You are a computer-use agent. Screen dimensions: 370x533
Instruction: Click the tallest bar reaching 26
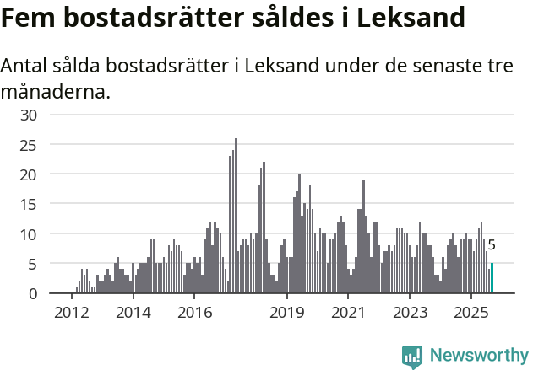tap(235, 216)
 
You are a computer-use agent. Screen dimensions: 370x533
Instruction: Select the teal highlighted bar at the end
tap(492, 278)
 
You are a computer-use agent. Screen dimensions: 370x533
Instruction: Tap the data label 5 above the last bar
tap(492, 245)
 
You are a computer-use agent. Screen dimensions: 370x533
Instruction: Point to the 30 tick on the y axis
tap(30, 115)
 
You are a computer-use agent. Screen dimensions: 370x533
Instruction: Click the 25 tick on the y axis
tap(30, 145)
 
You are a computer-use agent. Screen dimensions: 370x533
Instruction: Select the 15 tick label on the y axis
tap(30, 204)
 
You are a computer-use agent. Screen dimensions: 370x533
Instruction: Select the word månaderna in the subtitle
tap(56, 91)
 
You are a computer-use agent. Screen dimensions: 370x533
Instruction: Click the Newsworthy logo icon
tap(412, 357)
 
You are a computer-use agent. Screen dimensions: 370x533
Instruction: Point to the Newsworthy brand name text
tap(479, 356)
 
